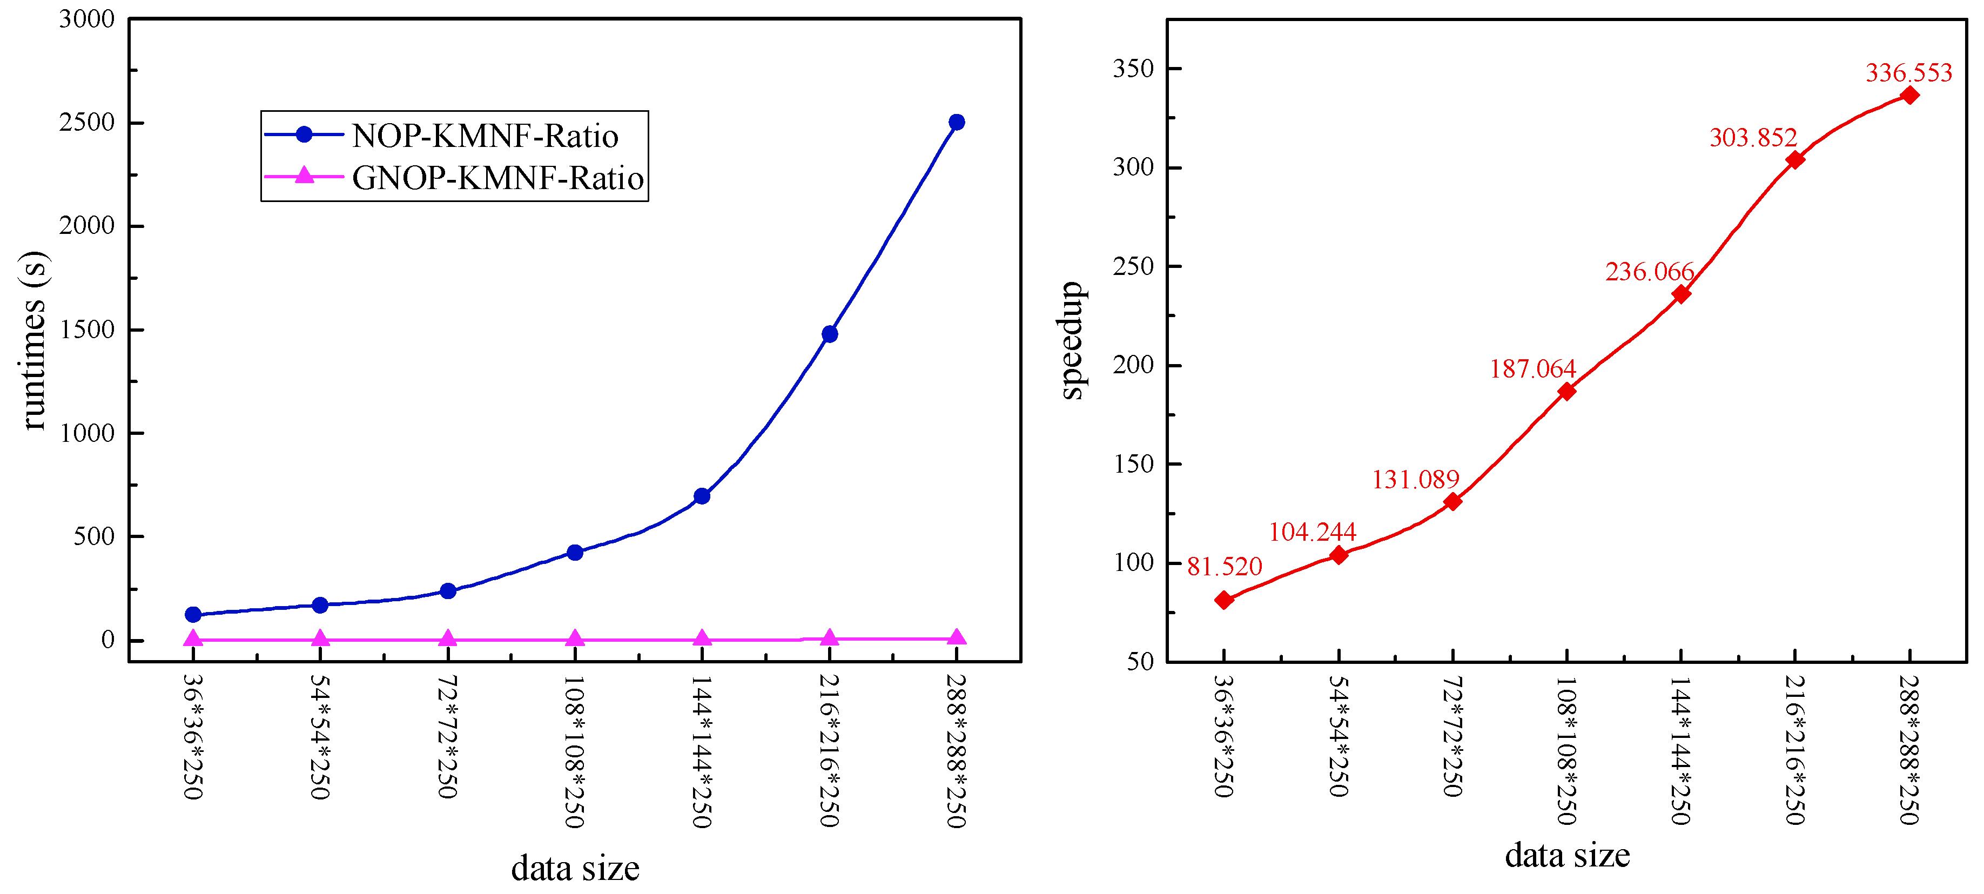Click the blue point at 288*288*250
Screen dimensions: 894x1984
[x=957, y=123]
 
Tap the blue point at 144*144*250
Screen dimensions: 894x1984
[x=702, y=496]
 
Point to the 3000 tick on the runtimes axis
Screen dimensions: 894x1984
[x=87, y=19]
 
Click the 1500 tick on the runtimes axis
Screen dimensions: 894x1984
[x=87, y=330]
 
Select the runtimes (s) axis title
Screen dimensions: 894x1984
[x=33, y=341]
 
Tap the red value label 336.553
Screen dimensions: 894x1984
[x=1908, y=73]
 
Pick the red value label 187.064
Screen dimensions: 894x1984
[x=1532, y=369]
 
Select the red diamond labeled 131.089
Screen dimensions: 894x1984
[x=1452, y=502]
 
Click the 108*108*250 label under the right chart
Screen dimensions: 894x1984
[x=1566, y=751]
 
